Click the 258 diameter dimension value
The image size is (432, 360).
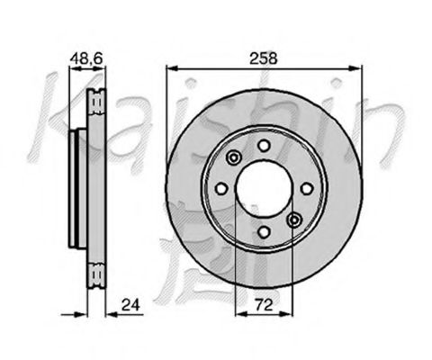pyautogui.click(x=265, y=57)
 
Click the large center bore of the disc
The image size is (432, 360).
pyautogui.click(x=265, y=189)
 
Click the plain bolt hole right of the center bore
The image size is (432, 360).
pyautogui.click(x=308, y=188)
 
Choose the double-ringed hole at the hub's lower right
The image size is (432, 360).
pyautogui.click(x=295, y=219)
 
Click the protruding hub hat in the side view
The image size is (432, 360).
pyautogui.click(x=76, y=189)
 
